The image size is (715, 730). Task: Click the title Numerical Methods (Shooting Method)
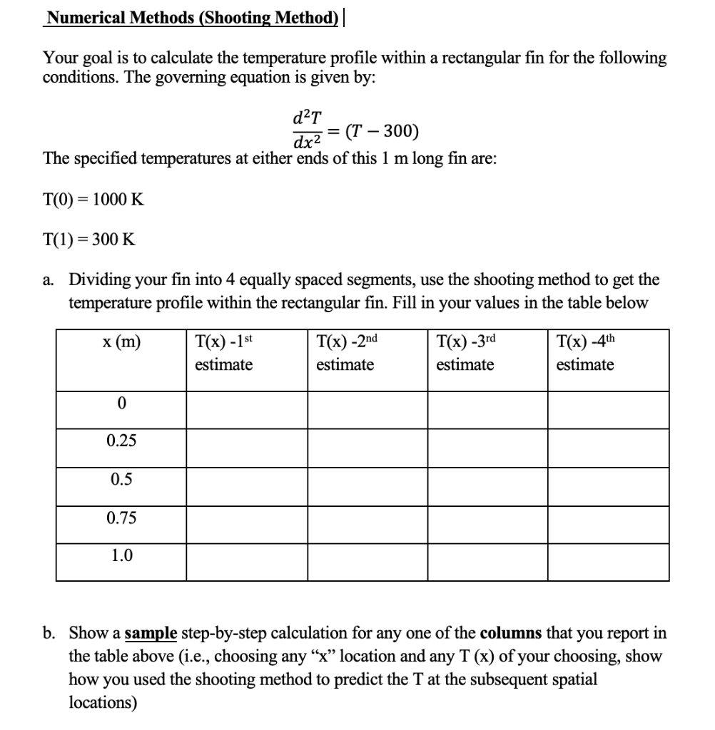point(191,18)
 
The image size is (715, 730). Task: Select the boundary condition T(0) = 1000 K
point(93,200)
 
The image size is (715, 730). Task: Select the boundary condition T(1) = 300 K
point(89,240)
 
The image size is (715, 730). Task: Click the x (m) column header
point(121,343)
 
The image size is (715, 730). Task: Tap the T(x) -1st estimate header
point(224,353)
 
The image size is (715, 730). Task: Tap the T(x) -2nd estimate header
point(345,353)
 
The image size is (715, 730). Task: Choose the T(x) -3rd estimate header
point(465,353)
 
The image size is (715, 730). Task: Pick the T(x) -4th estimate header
point(585,353)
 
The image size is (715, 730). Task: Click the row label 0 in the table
point(121,403)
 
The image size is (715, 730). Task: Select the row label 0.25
point(121,441)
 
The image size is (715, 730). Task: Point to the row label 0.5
point(121,480)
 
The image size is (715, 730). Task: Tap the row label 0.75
point(121,518)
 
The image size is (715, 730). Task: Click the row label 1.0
point(121,556)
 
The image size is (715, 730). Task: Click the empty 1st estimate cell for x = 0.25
point(247,448)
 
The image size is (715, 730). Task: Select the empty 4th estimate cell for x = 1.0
point(608,562)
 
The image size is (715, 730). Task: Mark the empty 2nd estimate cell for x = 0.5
point(367,486)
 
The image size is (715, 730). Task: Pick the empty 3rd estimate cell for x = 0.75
point(487,525)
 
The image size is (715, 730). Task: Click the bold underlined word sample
point(151,633)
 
